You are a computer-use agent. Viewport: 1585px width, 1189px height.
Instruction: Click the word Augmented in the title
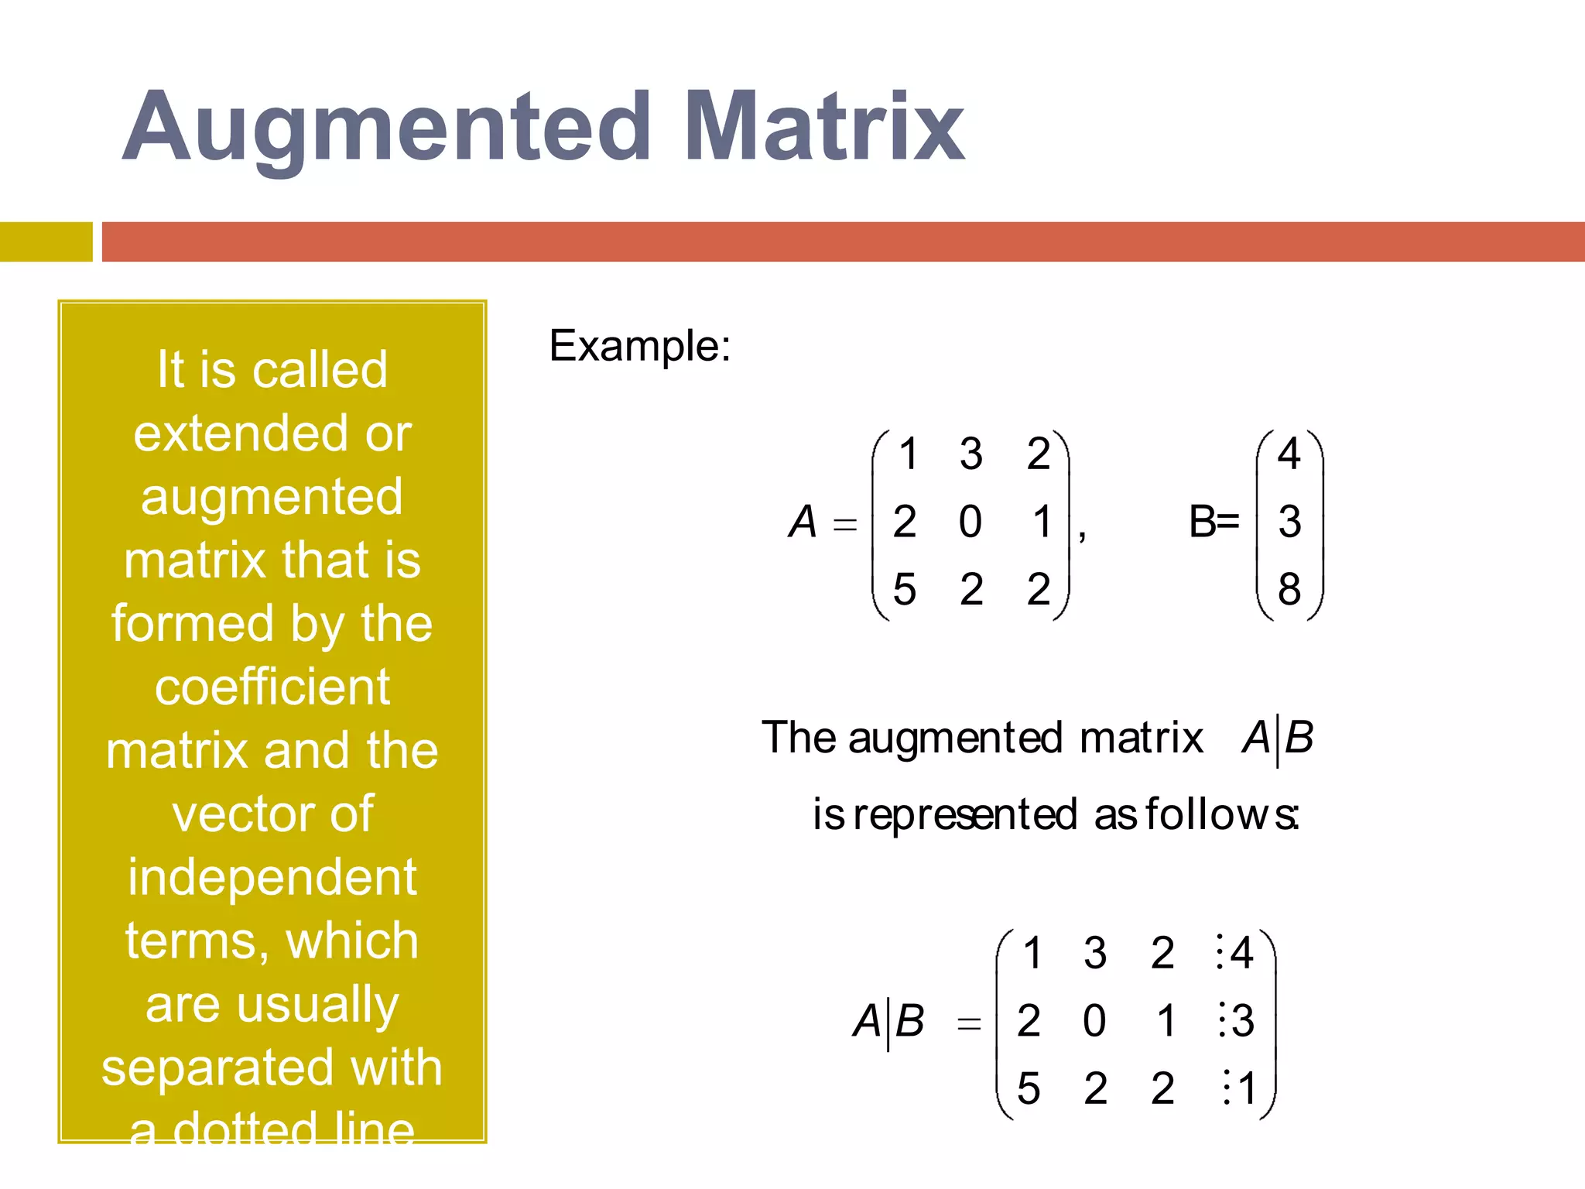[x=387, y=128]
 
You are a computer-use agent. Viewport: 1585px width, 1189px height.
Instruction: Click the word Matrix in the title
[x=823, y=128]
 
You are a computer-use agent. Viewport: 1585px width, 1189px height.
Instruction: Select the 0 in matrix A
[x=971, y=522]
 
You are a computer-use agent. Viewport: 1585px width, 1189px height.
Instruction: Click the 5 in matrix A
[x=904, y=590]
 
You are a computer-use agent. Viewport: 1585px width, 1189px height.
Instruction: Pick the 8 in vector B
[x=1289, y=590]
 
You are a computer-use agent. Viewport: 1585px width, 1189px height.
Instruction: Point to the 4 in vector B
[x=1289, y=454]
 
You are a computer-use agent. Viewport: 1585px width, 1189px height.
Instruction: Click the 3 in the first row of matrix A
[x=971, y=454]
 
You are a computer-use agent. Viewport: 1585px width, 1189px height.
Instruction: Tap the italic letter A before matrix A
[x=803, y=522]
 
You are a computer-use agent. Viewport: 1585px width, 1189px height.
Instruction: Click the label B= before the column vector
[x=1214, y=522]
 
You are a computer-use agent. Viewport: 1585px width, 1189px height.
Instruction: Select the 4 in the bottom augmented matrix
[x=1241, y=953]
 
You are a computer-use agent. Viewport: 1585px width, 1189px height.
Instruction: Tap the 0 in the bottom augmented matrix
[x=1094, y=1021]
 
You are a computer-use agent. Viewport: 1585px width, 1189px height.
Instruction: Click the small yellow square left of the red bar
[x=46, y=242]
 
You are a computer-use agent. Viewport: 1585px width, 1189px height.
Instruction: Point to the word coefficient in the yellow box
[x=272, y=687]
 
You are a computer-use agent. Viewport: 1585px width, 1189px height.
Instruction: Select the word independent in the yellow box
[x=272, y=877]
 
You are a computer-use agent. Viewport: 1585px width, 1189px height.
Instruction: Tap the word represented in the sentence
[x=966, y=814]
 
